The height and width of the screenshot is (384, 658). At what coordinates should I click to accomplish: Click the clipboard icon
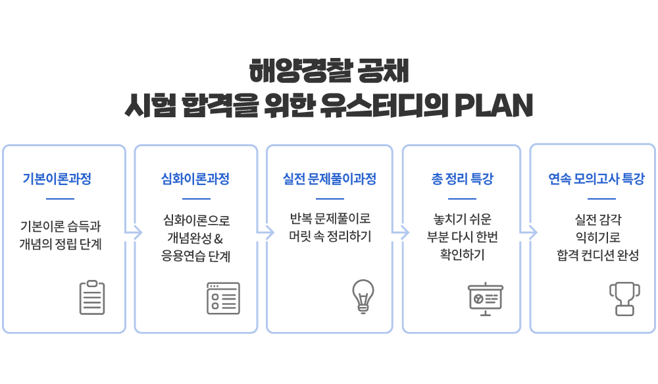coord(92,298)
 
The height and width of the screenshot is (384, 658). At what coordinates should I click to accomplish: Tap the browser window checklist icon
coord(223,298)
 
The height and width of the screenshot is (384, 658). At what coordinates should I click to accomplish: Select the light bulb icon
coord(363,296)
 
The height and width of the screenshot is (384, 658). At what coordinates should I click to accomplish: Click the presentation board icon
coord(486,300)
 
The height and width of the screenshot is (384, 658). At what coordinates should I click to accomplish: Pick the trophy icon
coord(624,299)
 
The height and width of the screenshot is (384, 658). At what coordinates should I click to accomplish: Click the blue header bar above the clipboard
coord(57,178)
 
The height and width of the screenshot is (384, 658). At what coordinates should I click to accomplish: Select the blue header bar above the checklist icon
coord(195,178)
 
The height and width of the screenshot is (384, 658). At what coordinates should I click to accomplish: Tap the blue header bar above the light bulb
coord(329,178)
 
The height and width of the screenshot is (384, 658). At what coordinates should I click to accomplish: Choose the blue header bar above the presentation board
coord(462,178)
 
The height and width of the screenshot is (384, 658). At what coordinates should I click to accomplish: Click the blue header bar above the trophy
coord(596,178)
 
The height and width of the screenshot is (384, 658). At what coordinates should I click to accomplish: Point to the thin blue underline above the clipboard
coord(60,198)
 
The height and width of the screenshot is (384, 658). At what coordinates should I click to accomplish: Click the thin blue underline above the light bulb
coord(330,198)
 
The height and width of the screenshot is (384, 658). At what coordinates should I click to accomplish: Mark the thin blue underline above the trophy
coord(601,198)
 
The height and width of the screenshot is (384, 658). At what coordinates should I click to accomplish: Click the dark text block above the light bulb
coord(330,227)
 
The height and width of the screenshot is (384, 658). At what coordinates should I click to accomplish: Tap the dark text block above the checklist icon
coord(195,238)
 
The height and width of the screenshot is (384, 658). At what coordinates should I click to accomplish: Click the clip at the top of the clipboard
coord(92,284)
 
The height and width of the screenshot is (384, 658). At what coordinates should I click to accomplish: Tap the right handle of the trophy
coord(636,291)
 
